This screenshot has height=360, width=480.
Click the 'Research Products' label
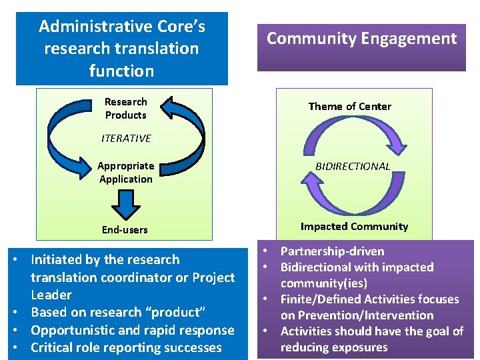click(125, 108)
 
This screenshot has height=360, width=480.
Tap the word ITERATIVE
click(126, 138)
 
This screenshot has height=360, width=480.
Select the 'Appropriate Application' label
click(125, 172)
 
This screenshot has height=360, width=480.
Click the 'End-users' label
click(125, 229)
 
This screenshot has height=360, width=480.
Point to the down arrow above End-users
click(125, 203)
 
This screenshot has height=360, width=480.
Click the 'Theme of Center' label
click(349, 106)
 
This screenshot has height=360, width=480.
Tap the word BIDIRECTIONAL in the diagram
click(353, 166)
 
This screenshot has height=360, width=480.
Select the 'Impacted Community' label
click(354, 226)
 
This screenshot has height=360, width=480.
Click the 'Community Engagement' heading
click(361, 38)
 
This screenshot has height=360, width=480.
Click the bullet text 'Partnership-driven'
click(332, 251)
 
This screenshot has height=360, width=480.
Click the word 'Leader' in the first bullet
click(51, 295)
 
